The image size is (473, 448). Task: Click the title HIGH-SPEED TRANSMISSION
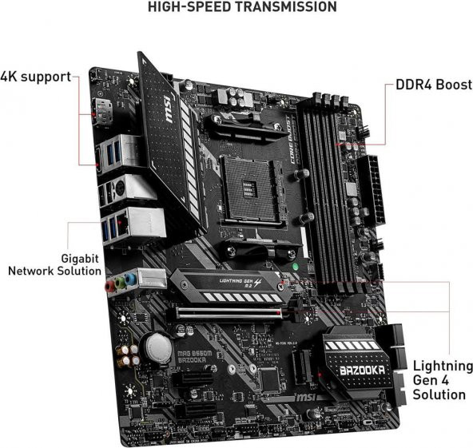tap(236, 7)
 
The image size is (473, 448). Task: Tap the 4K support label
tap(35, 77)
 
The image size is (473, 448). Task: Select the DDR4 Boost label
tap(431, 85)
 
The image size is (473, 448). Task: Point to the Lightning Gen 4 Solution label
tap(439, 379)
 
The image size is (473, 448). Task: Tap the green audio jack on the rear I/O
tap(119, 282)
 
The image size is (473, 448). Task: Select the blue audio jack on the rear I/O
tap(130, 280)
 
